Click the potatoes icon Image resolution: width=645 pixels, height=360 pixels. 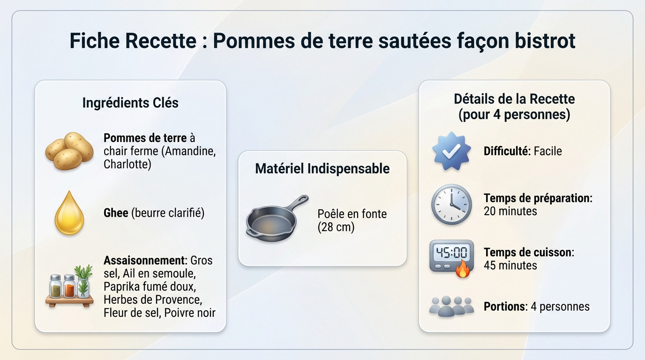pyautogui.click(x=69, y=151)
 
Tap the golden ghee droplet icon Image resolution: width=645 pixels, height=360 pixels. pyautogui.click(x=69, y=213)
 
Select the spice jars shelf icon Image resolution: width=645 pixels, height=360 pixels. pyautogui.click(x=69, y=286)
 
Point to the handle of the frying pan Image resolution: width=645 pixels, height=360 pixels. pyautogui.click(x=297, y=202)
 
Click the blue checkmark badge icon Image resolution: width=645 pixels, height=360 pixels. pyautogui.click(x=451, y=151)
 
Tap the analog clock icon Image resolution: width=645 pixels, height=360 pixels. pyautogui.click(x=451, y=204)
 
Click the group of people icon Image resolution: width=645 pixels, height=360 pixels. pyautogui.click(x=451, y=307)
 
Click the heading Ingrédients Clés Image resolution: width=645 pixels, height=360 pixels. pyautogui.click(x=130, y=103)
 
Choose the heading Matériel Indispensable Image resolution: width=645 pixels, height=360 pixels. pyautogui.click(x=322, y=169)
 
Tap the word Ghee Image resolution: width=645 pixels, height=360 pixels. pyautogui.click(x=116, y=213)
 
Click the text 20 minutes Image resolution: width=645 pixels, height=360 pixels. pyautogui.click(x=510, y=211)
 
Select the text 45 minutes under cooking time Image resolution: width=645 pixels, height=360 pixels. pyautogui.click(x=510, y=266)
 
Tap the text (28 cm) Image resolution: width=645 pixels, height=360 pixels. pyautogui.click(x=336, y=227)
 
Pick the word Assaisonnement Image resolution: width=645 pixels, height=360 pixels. pyautogui.click(x=144, y=260)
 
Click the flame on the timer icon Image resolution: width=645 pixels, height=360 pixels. pyautogui.click(x=463, y=270)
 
